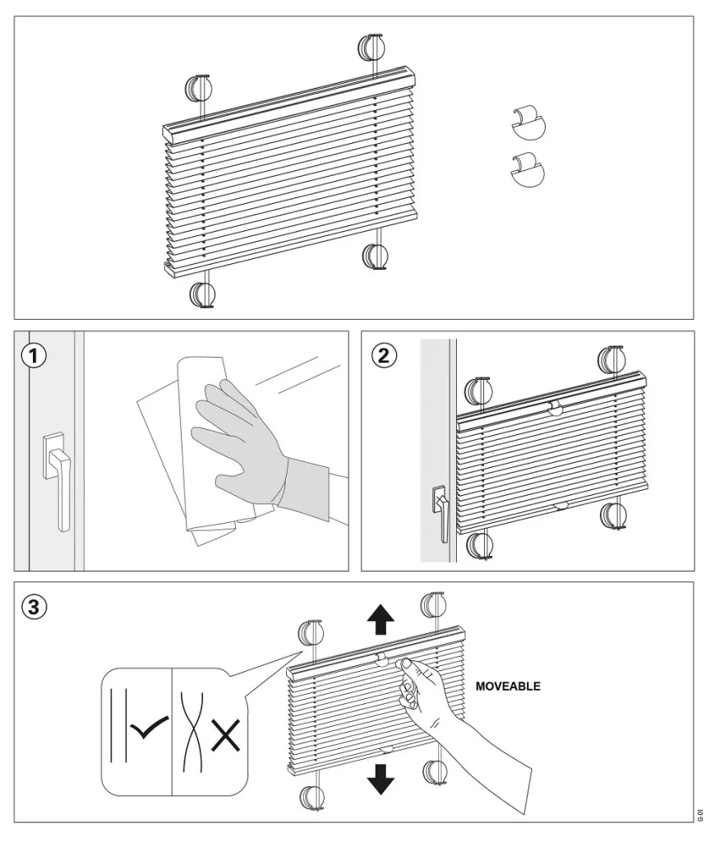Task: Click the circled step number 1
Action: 33,356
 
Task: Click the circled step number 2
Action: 383,355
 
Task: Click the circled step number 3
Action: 34,607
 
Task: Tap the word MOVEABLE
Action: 508,687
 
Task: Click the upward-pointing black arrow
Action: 381,618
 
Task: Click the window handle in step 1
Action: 58,481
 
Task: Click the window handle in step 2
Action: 441,512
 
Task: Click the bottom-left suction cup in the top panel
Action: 202,294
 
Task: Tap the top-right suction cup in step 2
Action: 612,359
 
